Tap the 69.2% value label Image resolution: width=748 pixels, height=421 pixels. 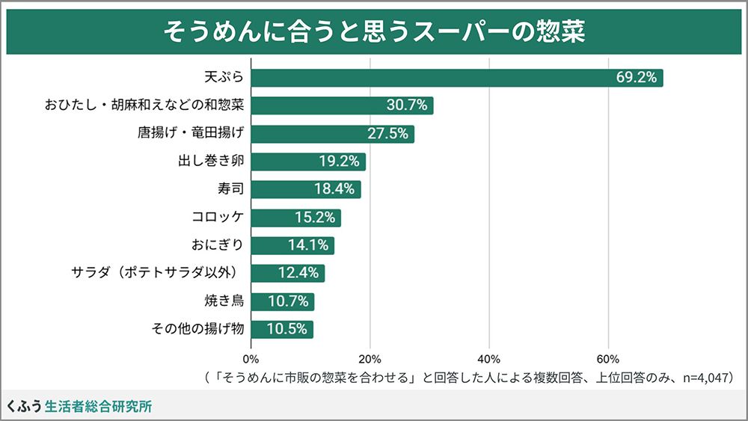tap(637, 78)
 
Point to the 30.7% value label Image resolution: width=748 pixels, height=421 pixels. tap(407, 105)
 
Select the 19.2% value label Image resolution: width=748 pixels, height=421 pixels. tap(340, 162)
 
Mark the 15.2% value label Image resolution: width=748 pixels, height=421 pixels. tap(315, 218)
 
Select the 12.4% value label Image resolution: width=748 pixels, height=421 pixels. tap(298, 273)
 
